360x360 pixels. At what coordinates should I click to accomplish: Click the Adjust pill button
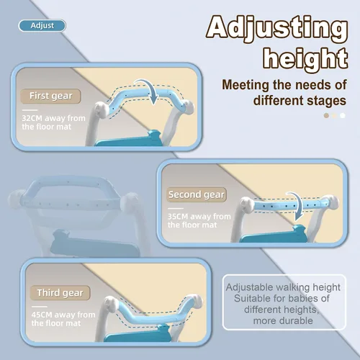[42, 26]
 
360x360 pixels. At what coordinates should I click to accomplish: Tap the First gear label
[50, 96]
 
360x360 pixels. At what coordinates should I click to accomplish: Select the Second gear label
[197, 194]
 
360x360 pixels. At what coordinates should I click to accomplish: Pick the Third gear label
[60, 293]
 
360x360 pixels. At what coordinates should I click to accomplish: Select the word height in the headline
[305, 59]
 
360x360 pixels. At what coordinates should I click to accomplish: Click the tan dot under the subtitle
[326, 115]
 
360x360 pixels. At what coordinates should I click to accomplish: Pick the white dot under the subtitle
[343, 115]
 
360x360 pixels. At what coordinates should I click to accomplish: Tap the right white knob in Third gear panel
[195, 302]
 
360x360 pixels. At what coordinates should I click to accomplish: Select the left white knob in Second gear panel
[247, 205]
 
